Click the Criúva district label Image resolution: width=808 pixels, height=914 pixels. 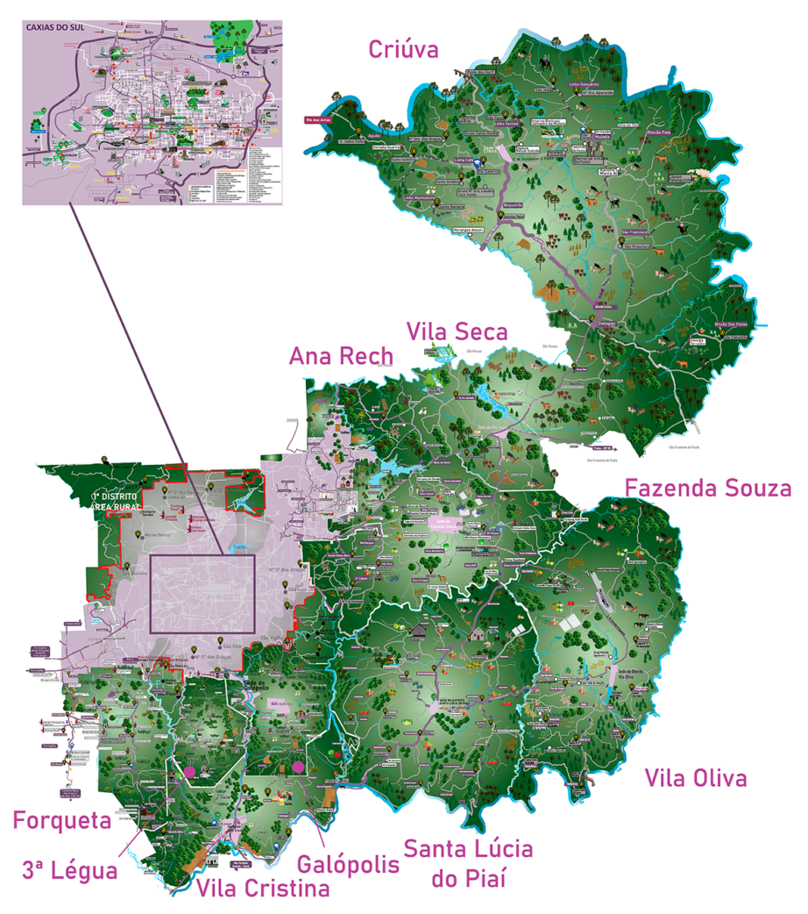[403, 48]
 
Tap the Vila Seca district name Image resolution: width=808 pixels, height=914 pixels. [457, 332]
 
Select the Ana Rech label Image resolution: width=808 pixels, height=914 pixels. [342, 356]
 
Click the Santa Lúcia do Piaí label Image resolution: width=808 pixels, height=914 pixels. [468, 862]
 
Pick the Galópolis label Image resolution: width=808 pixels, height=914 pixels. [348, 864]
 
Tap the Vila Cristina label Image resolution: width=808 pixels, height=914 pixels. [263, 889]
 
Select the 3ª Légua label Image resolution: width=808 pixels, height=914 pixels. [69, 871]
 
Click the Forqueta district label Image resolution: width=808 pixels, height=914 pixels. [61, 820]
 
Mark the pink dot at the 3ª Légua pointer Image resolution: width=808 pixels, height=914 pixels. [188, 771]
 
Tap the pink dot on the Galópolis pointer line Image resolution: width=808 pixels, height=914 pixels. [299, 768]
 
